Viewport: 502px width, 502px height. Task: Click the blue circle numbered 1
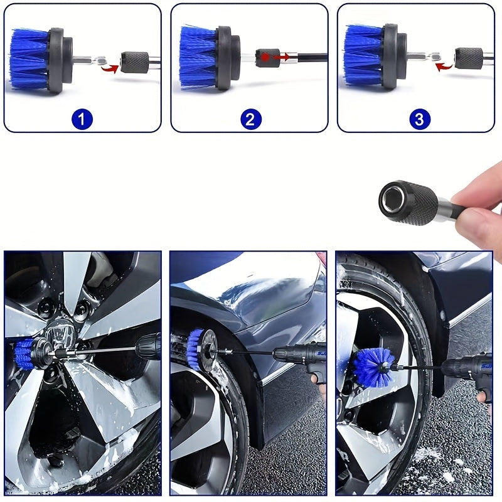[82, 119]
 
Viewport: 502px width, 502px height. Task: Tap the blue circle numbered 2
[250, 119]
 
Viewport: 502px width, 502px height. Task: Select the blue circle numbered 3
[420, 119]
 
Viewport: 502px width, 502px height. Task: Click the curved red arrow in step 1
[110, 68]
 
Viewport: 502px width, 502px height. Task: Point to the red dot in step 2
[265, 57]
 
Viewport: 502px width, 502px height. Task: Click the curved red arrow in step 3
[444, 67]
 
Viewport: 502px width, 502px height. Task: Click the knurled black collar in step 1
[135, 61]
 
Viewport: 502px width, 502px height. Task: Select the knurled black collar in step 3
[469, 58]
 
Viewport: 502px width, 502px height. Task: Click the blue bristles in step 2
[198, 57]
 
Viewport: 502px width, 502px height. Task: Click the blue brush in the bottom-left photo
[24, 354]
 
